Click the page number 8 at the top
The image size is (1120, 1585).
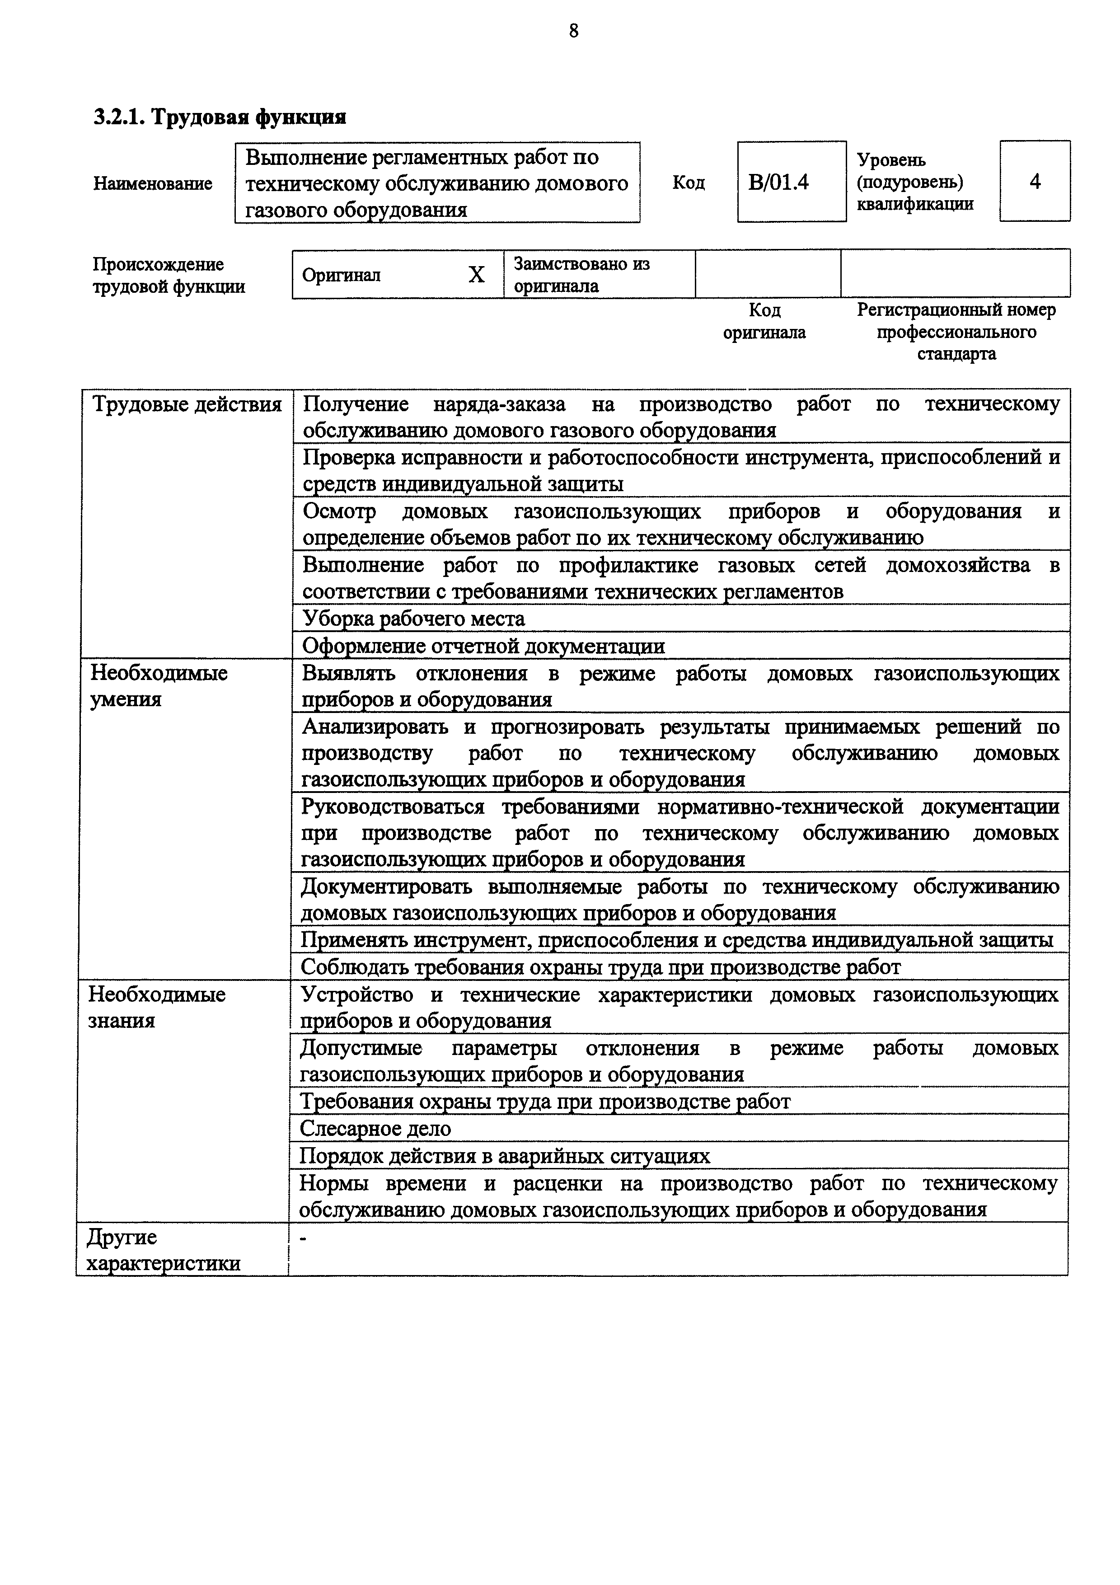click(x=573, y=31)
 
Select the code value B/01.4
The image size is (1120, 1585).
click(x=778, y=182)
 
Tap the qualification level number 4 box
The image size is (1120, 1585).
click(x=1035, y=182)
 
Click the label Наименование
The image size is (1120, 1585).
click(x=153, y=183)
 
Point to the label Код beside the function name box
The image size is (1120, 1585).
click(x=688, y=183)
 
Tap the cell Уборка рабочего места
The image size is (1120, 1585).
click(x=414, y=619)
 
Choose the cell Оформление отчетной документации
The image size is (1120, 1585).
click(x=483, y=646)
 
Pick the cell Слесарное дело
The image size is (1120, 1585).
click(x=376, y=1128)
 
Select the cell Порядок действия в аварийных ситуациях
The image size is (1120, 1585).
click(x=505, y=1156)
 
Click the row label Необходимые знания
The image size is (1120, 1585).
click(x=157, y=1007)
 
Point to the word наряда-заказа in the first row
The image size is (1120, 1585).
click(x=499, y=404)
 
